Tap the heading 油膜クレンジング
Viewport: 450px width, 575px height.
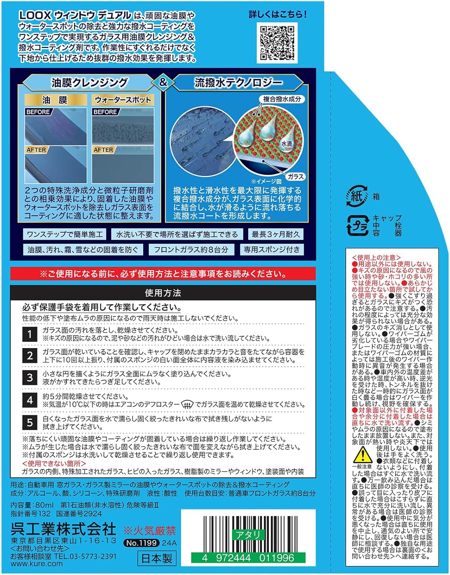pyautogui.click(x=90, y=82)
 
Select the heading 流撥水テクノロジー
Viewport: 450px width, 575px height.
pyautogui.click(x=238, y=82)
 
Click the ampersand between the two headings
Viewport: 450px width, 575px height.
pyautogui.click(x=163, y=82)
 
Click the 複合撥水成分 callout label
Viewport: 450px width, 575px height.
pyautogui.click(x=282, y=99)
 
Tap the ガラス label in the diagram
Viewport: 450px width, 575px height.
pyautogui.click(x=295, y=176)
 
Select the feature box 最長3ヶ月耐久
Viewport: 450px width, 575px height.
pyautogui.click(x=276, y=234)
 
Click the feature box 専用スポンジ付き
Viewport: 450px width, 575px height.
pyautogui.click(x=272, y=250)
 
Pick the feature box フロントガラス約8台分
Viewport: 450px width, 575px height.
pyautogui.click(x=191, y=250)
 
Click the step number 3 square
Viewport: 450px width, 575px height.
pyautogui.click(x=30, y=378)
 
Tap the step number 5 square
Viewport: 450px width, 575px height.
pyautogui.click(x=30, y=422)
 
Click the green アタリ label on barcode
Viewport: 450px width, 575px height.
pyautogui.click(x=248, y=535)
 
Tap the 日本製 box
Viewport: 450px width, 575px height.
pyautogui.click(x=157, y=558)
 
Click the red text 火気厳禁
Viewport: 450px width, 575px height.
pyautogui.click(x=150, y=531)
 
